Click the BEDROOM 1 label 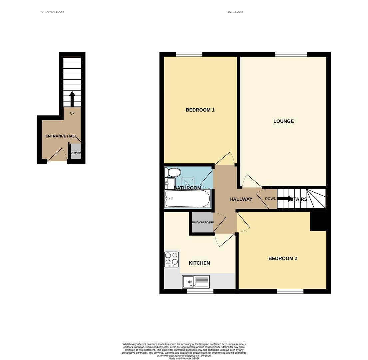click(200, 110)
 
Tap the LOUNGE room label click(283, 121)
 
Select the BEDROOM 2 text click(282, 258)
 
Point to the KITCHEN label click(199, 263)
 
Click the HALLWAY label click(241, 199)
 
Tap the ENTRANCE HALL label click(61, 136)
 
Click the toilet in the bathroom click(173, 172)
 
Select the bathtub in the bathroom click(187, 199)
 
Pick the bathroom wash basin click(170, 183)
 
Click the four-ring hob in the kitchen click(171, 259)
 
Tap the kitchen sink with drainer click(195, 282)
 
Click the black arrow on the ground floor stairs click(72, 99)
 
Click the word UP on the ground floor click(72, 113)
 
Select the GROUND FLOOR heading click(52, 12)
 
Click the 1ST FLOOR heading click(235, 12)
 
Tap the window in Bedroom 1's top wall click(189, 54)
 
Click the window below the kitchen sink click(200, 291)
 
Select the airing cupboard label click(203, 222)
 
